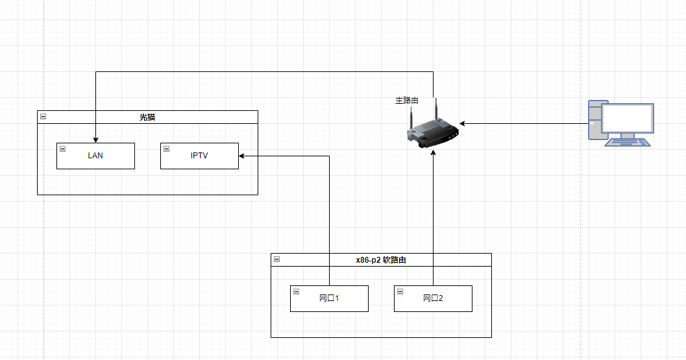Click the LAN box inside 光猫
(x=95, y=156)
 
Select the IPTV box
(x=199, y=156)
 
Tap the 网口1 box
(x=329, y=298)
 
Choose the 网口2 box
(x=433, y=298)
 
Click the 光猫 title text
(x=147, y=117)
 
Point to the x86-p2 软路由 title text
(x=381, y=260)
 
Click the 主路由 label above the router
(x=407, y=101)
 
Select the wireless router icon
(x=434, y=130)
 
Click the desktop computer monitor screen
(x=627, y=119)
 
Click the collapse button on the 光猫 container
(x=43, y=117)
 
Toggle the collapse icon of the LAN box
(x=63, y=149)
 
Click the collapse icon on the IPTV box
(x=167, y=149)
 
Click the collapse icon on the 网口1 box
(x=297, y=291)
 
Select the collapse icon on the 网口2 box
(x=400, y=291)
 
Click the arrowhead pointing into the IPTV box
(x=242, y=156)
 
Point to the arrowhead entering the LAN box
(x=95, y=139)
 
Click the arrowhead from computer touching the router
(x=463, y=123)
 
